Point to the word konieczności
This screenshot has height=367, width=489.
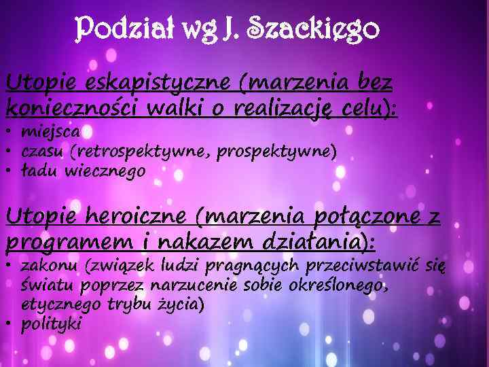(62, 107)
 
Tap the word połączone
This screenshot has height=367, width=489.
(359, 217)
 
